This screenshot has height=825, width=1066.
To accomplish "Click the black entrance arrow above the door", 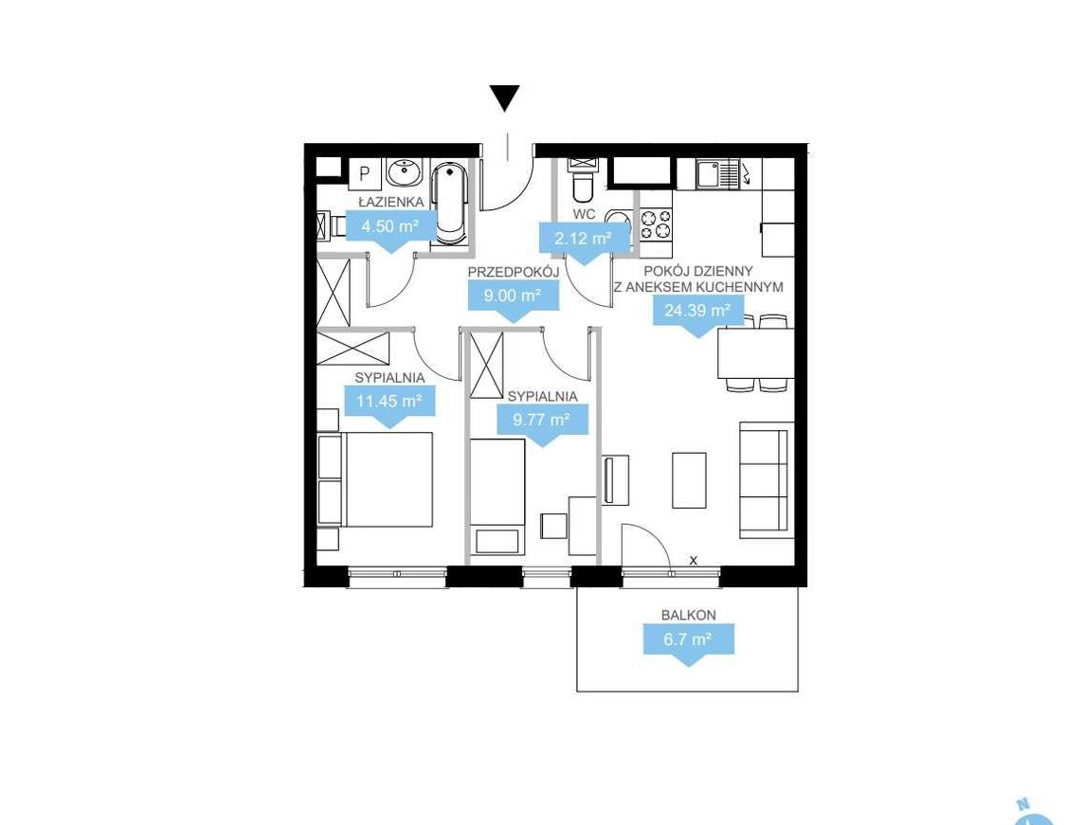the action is click(505, 98).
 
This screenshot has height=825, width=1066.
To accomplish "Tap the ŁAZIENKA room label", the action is click(391, 202).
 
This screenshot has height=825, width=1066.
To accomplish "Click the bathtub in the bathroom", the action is click(450, 202).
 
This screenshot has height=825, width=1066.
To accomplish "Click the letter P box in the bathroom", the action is click(365, 174).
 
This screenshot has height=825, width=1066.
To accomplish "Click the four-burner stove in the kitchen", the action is click(656, 224).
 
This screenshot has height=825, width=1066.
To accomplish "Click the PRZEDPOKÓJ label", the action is click(514, 272).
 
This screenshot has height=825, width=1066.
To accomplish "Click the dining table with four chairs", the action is click(755, 352).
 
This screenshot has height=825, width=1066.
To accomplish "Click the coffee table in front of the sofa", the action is click(689, 480).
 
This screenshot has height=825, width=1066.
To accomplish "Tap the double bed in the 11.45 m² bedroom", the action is click(375, 479).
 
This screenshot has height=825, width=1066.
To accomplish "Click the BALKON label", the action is click(689, 615).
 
